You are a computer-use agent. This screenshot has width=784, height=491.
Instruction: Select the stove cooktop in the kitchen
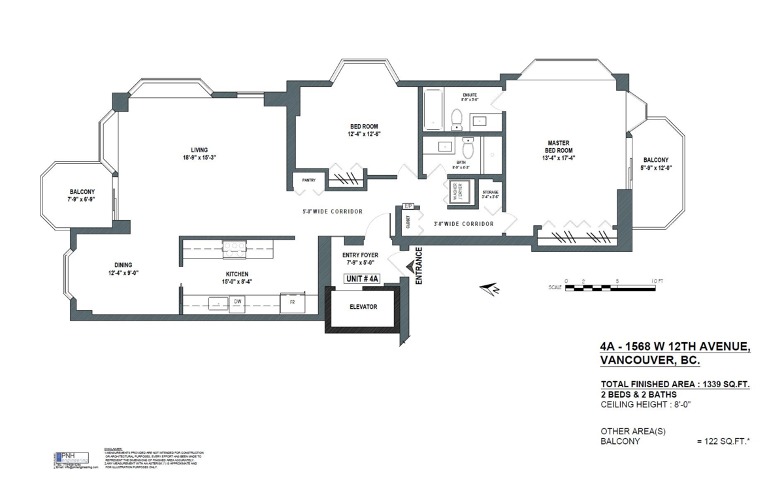(233, 246)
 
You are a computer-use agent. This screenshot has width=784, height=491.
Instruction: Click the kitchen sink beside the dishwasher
(214, 304)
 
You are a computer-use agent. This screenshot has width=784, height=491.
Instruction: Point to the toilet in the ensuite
(457, 118)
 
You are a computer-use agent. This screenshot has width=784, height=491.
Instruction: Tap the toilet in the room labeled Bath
(468, 148)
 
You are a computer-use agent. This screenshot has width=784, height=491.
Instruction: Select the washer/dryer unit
(459, 191)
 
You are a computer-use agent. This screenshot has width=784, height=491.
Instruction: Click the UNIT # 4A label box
(361, 279)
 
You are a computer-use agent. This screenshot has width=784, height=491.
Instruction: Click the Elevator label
(363, 306)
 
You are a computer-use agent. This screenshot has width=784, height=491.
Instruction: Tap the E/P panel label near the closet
(408, 206)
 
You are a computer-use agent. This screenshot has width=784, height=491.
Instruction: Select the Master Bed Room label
(559, 150)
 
